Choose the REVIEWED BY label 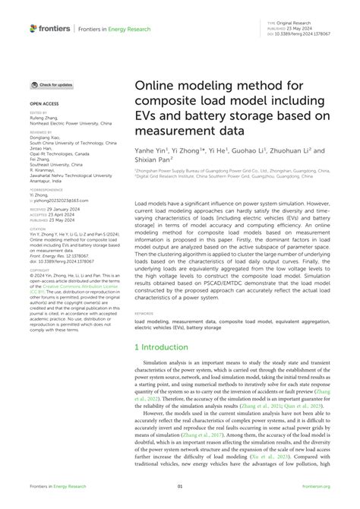pyautogui.click(x=41, y=131)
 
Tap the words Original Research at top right pyautogui.click(x=297, y=24)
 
